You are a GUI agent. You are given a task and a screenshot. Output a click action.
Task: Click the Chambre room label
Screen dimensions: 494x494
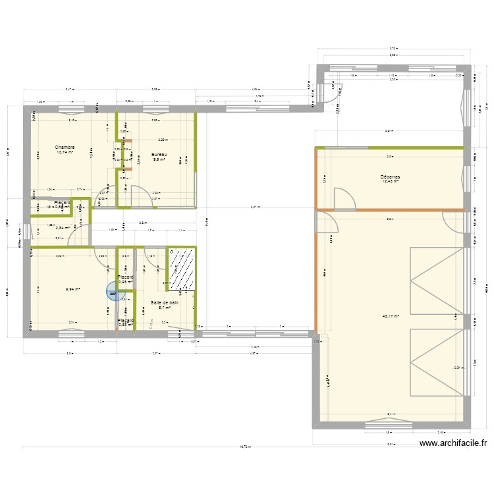[x=65, y=147]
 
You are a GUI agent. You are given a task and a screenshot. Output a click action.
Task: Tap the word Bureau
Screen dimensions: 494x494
[x=159, y=154]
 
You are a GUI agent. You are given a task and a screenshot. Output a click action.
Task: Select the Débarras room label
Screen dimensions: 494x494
[x=391, y=177]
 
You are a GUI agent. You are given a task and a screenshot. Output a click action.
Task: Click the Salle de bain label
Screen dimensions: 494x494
[x=165, y=302]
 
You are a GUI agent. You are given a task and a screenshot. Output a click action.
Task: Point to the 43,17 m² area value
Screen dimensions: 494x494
[x=391, y=316]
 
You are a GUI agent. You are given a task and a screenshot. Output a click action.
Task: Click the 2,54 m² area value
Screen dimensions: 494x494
[x=63, y=229]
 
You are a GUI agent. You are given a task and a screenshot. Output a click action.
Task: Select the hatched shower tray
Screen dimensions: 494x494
[x=182, y=269]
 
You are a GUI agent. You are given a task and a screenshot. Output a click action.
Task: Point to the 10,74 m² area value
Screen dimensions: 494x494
[x=65, y=152]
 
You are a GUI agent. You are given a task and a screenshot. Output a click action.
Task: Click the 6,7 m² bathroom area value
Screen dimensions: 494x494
[x=165, y=308]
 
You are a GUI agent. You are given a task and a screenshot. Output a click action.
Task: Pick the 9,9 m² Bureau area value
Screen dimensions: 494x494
[x=159, y=159]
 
